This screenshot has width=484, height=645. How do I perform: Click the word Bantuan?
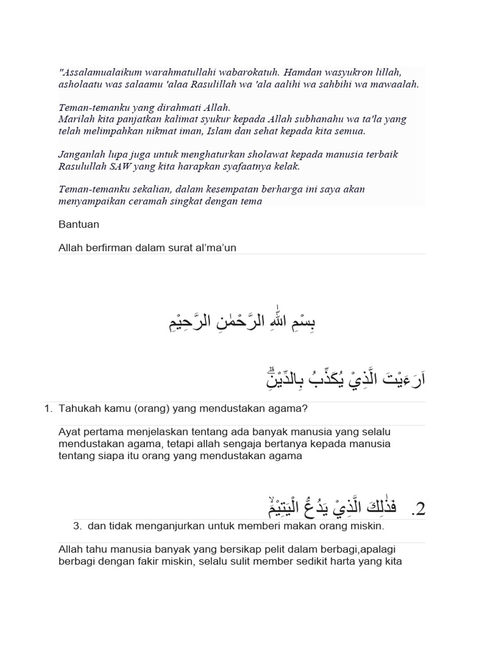point(79,224)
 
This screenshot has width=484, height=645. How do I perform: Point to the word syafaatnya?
point(243,166)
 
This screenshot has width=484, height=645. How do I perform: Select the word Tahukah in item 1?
point(77,409)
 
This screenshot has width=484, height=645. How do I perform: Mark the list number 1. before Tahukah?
point(48,409)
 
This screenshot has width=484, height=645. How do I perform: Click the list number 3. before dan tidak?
point(78,525)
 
